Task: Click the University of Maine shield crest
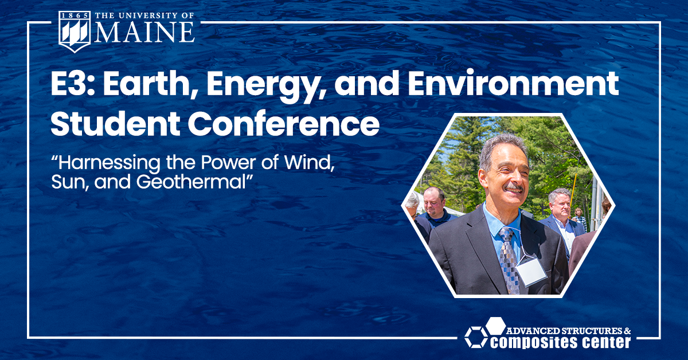click(x=75, y=32)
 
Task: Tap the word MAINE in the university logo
click(x=144, y=32)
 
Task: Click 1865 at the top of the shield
click(x=75, y=15)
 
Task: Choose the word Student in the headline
click(x=115, y=124)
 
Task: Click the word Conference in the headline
click(x=284, y=124)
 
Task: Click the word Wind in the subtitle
click(x=310, y=163)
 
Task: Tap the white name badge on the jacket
click(x=531, y=272)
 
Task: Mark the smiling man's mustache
click(x=514, y=187)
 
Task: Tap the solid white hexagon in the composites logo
click(x=495, y=326)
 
